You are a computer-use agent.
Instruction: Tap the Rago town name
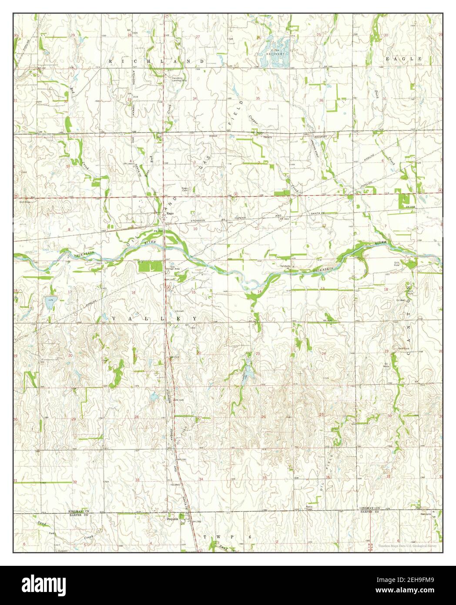pyautogui.click(x=170, y=214)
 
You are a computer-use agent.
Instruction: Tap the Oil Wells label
pyautogui.click(x=397, y=366)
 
